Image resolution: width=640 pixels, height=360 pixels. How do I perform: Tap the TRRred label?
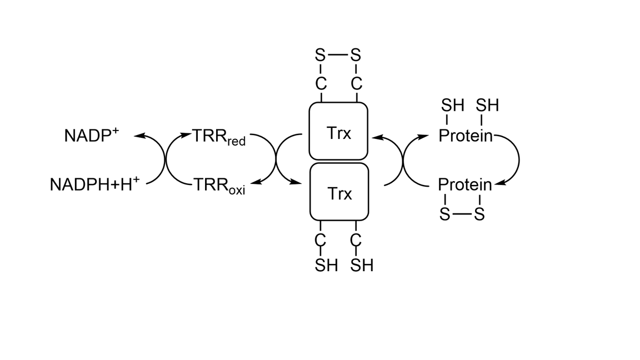point(219,136)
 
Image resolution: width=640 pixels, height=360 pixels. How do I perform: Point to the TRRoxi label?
point(219,185)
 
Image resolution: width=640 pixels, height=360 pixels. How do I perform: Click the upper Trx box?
point(338,131)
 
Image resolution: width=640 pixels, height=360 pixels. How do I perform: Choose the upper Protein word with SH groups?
point(466,136)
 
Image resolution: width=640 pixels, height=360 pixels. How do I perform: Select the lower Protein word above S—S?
point(464,184)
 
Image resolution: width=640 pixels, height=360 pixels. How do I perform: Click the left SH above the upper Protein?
point(452,106)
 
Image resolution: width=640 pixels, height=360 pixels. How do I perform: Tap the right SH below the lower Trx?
point(362,266)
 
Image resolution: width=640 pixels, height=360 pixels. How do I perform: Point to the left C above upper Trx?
point(321,84)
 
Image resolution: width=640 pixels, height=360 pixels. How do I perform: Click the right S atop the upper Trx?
point(356,56)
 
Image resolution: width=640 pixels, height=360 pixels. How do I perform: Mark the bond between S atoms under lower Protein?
point(462,214)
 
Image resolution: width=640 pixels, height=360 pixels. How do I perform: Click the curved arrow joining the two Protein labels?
point(518,160)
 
